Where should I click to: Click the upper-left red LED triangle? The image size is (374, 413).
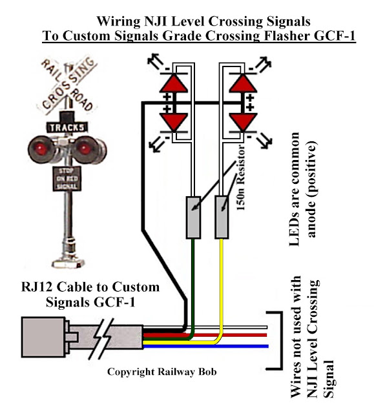[x=174, y=83]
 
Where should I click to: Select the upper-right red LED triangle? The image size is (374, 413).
[x=243, y=83]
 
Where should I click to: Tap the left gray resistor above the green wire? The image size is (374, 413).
[x=193, y=217]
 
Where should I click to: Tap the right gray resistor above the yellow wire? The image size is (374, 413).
[x=222, y=217]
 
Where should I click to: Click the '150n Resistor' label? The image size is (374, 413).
[x=241, y=177]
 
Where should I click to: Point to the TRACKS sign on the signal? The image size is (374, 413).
[x=67, y=128]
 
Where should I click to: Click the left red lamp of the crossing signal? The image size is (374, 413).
[x=40, y=149]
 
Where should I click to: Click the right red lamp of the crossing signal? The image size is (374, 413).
[x=85, y=149]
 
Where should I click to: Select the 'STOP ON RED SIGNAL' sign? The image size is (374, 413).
[x=67, y=179]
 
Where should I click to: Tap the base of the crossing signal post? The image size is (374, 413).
[x=68, y=263]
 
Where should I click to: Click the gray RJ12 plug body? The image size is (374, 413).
[x=43, y=337]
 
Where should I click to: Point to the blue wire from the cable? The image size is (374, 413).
[x=205, y=347]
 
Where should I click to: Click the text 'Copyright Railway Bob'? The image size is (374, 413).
[x=162, y=372]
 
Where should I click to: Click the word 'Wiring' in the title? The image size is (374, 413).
[x=118, y=21]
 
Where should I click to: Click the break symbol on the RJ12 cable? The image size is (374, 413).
[x=101, y=339]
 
